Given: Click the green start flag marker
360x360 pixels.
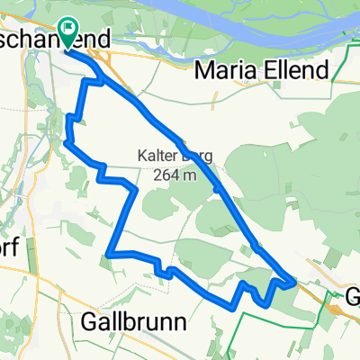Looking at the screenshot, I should [x=68, y=30].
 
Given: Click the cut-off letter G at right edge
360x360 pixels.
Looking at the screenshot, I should [x=354, y=295].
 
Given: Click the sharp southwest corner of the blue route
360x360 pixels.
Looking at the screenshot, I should [x=107, y=255].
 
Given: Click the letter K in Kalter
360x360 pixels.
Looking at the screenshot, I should [x=142, y=155].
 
